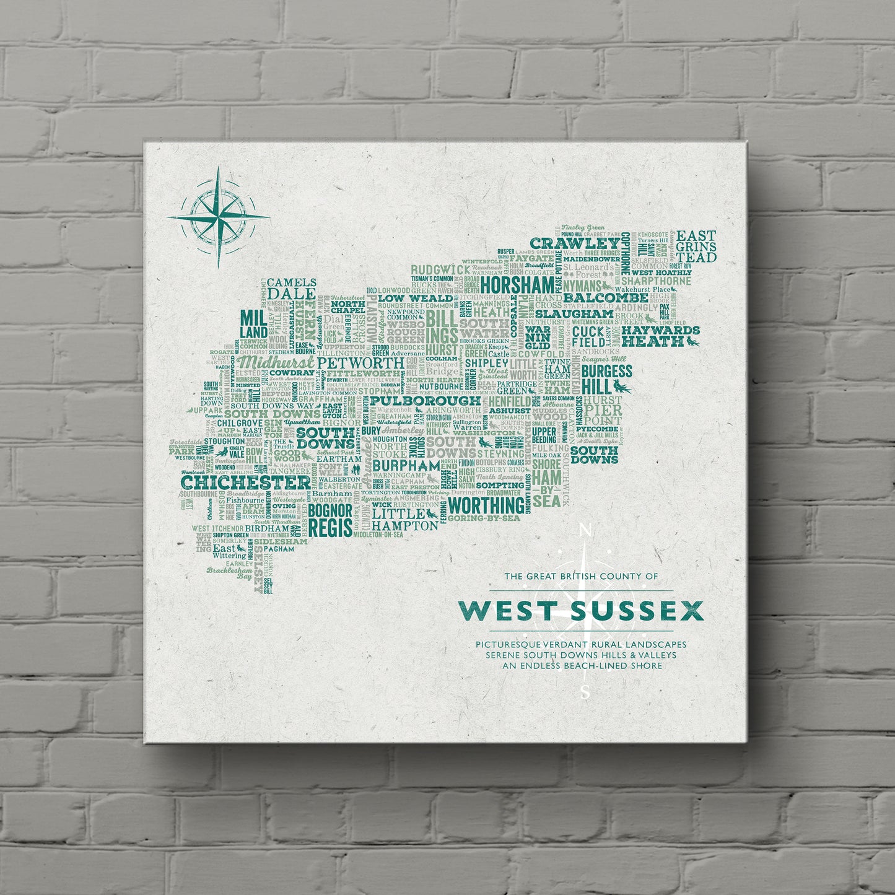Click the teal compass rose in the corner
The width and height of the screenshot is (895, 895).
click(218, 218)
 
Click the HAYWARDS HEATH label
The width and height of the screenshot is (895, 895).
click(660, 336)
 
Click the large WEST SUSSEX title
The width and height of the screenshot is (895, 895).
click(581, 611)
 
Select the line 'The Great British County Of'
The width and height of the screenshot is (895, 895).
click(581, 576)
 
